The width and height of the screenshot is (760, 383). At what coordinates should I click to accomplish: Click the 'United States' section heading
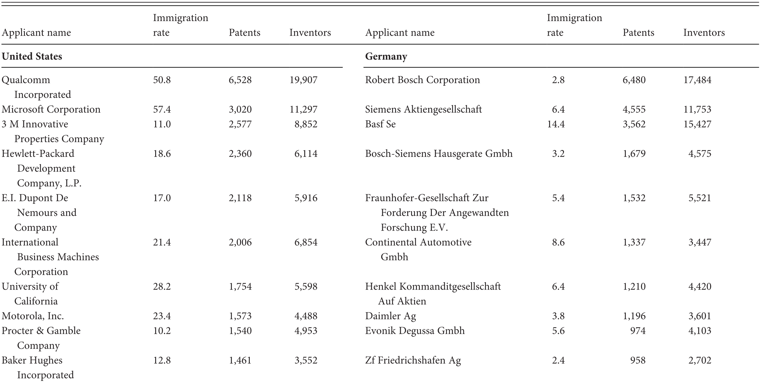[32, 56]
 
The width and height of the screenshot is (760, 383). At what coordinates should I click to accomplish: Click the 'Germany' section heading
[386, 56]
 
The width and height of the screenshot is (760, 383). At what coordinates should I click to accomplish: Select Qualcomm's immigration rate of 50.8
[162, 80]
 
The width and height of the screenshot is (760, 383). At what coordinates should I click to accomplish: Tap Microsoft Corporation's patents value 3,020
[240, 109]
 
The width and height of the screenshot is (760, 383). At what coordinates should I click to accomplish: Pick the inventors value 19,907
[303, 80]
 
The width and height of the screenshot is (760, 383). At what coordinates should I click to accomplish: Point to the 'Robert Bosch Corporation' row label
[422, 80]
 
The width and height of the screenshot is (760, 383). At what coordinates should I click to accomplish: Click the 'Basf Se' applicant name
[380, 124]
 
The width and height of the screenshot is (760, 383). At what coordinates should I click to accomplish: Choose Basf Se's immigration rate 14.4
[556, 124]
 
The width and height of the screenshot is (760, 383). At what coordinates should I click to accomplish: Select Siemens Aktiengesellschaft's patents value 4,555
[634, 109]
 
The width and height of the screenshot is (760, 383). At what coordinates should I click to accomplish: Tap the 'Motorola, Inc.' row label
[33, 316]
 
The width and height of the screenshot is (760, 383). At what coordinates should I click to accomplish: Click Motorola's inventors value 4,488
[305, 316]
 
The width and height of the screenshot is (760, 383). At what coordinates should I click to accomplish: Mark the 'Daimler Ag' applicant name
[390, 316]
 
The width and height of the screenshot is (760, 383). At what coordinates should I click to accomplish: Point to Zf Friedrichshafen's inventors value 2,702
[700, 360]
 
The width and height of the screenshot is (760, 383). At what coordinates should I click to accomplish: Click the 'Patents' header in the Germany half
[638, 33]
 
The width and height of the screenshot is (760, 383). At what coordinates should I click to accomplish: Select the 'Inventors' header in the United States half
[310, 33]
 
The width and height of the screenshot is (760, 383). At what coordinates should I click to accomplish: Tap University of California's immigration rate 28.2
[162, 286]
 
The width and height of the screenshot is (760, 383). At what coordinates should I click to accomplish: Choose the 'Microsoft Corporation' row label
[51, 109]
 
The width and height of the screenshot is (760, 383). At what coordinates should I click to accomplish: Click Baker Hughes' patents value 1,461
[240, 360]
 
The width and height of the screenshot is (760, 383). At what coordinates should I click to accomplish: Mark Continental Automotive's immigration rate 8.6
[558, 242]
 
